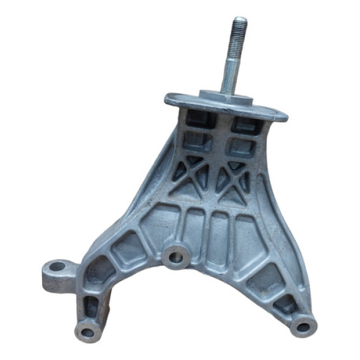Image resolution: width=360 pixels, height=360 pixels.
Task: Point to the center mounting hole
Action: coord(176,257)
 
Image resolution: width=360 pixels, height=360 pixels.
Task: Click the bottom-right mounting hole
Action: coord(302,326)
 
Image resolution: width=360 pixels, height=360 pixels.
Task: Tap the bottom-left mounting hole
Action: coord(88,331)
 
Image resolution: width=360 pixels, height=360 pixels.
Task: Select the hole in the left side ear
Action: coord(58,266)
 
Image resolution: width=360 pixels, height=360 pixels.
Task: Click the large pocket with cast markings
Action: coord(163,222)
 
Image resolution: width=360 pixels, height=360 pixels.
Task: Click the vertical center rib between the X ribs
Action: coord(214,174)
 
